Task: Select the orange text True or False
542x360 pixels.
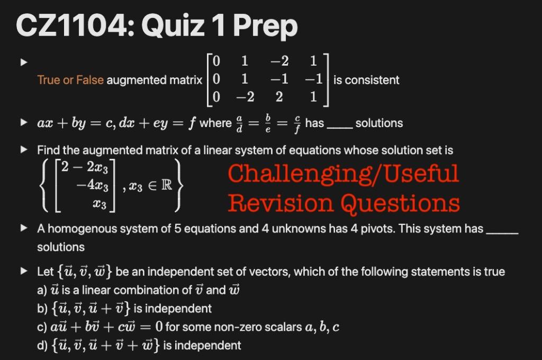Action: click(71, 80)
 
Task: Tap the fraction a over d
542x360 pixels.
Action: click(242, 123)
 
